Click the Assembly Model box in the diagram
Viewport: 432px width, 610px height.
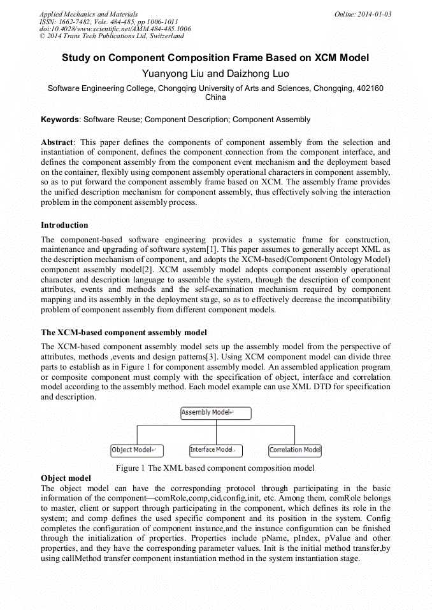pos(216,413)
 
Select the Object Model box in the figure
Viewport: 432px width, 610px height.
pos(137,450)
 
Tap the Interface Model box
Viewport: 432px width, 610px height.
pos(216,450)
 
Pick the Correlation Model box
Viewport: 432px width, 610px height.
pos(295,450)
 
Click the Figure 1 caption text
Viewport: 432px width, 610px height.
pos(215,468)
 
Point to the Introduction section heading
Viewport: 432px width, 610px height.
pos(64,225)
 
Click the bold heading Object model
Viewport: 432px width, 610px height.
pos(66,478)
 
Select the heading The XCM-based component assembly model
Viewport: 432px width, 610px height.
pos(124,333)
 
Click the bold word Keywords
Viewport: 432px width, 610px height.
pos(60,120)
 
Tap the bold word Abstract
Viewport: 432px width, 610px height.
pos(57,142)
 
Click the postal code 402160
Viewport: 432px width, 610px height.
pos(368,89)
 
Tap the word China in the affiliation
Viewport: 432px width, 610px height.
pos(215,98)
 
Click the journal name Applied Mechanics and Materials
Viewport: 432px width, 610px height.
pos(88,14)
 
